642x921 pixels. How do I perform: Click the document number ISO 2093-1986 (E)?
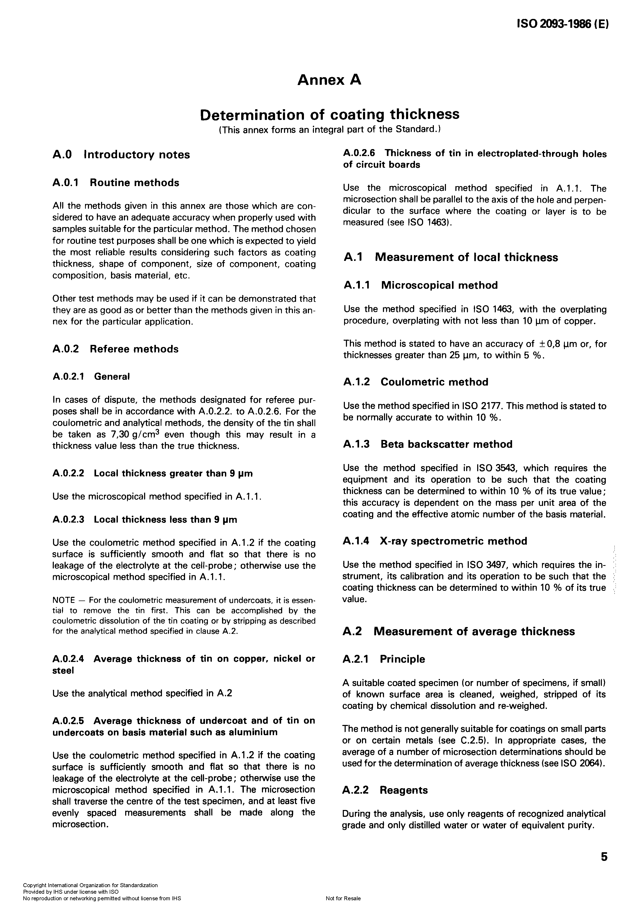[561, 24]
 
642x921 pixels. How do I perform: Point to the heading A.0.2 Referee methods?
[115, 349]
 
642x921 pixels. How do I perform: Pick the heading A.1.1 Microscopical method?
[420, 286]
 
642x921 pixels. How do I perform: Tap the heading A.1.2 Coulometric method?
[416, 382]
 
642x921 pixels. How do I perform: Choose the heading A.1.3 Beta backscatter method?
[428, 444]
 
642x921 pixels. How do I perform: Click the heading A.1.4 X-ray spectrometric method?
[435, 541]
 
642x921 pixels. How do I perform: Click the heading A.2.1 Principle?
[383, 659]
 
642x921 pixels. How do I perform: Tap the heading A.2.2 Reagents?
[385, 790]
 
